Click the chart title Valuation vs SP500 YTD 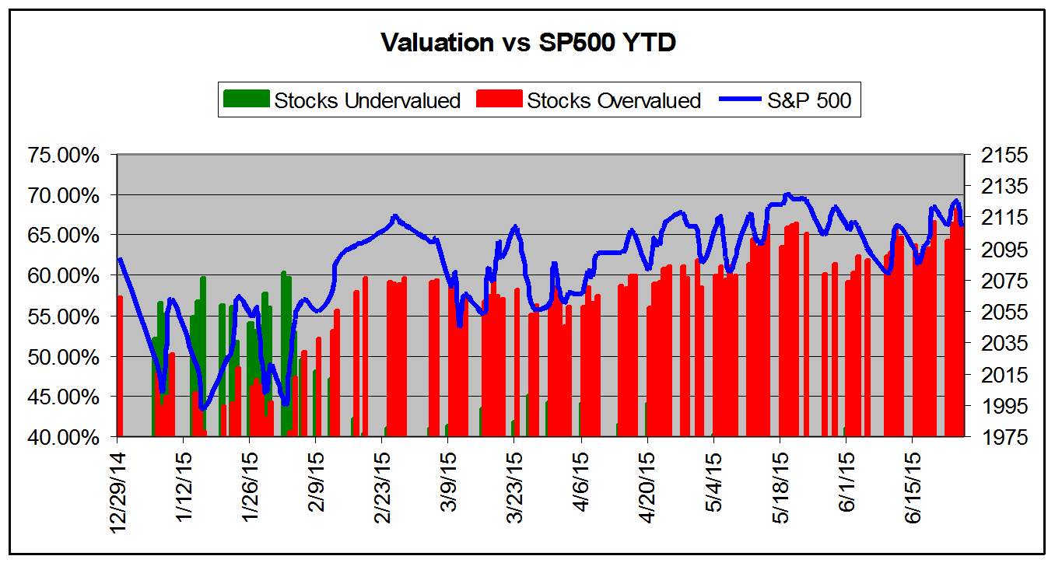click(528, 43)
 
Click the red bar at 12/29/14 click(121, 365)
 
